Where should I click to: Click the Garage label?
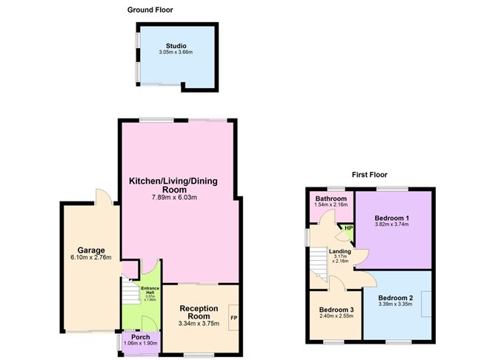point(91,250)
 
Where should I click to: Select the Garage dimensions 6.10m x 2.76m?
point(91,259)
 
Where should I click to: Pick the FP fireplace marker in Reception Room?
point(233,318)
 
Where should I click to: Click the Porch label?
point(140,337)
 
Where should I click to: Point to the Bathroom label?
point(330,199)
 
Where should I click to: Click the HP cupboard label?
point(348,227)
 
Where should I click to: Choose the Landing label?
point(340,251)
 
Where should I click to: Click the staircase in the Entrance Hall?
point(131,296)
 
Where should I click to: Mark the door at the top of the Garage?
point(103,197)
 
